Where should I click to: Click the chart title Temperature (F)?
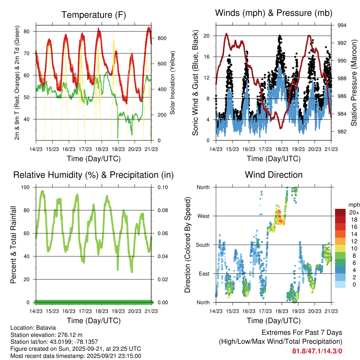pyautogui.click(x=94, y=15)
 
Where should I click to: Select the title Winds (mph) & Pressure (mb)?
pyautogui.click(x=274, y=13)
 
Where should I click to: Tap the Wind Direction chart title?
pyautogui.click(x=274, y=174)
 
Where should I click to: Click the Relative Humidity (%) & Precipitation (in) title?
pyautogui.click(x=94, y=174)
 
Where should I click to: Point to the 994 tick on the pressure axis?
pyautogui.click(x=342, y=25)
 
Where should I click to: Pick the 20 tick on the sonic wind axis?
pyautogui.click(x=206, y=36)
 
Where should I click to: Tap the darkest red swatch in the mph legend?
pyautogui.click(x=340, y=212)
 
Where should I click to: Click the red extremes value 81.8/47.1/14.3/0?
pyautogui.click(x=317, y=351)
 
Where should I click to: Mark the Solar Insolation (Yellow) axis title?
pyautogui.click(x=173, y=83)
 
